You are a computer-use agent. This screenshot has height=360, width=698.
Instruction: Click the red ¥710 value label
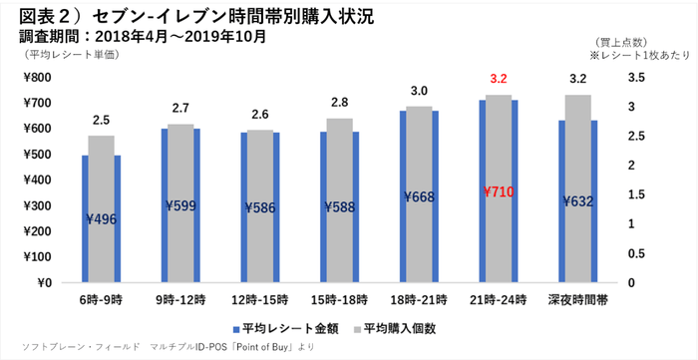click(498, 191)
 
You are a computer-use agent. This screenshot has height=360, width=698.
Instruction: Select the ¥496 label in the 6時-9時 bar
click(102, 218)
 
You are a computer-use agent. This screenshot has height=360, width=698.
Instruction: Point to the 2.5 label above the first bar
click(102, 121)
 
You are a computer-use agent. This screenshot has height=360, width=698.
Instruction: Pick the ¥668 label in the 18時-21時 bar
click(419, 196)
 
